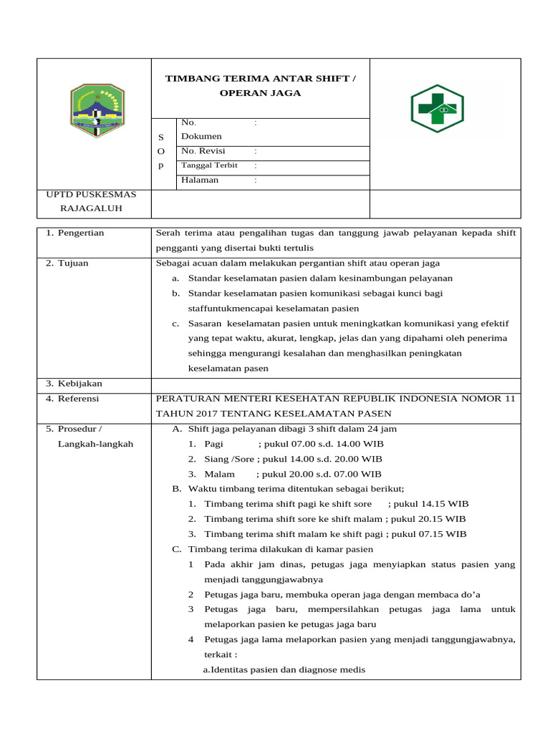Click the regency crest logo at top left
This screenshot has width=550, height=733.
(x=97, y=111)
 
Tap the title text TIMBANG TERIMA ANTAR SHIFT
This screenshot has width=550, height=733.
(x=260, y=79)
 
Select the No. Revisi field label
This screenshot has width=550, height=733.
(x=203, y=151)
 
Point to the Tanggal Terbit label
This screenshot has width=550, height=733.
(x=209, y=165)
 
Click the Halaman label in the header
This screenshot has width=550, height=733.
(x=200, y=180)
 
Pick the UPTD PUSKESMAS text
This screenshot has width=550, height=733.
(x=91, y=194)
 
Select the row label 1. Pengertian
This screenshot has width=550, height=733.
(x=75, y=233)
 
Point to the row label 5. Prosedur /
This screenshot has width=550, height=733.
(x=74, y=429)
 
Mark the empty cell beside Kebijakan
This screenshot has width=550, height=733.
(x=335, y=385)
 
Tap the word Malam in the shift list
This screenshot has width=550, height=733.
(x=219, y=474)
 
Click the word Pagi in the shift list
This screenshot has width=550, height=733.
(x=214, y=444)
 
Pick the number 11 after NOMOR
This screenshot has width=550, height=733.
(x=509, y=399)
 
